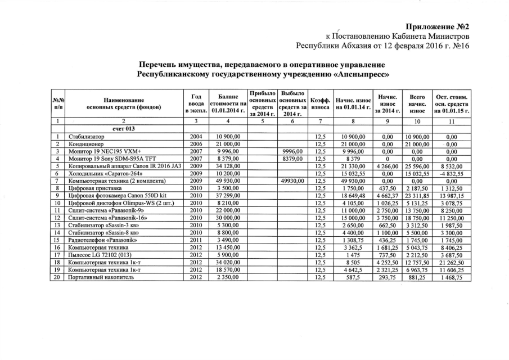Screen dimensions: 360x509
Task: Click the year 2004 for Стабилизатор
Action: pyautogui.click(x=196, y=137)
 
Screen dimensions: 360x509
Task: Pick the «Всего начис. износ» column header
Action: pyautogui.click(x=417, y=103)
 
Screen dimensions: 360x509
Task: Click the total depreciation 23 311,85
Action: pyautogui.click(x=417, y=195)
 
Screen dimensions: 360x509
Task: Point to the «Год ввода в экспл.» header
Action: pyautogui.click(x=196, y=103)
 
